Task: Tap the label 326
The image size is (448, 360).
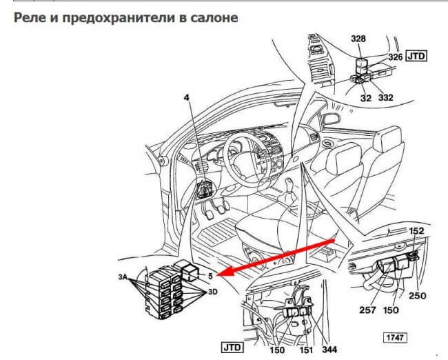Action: pos(395,57)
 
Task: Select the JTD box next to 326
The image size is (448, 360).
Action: pos(417,56)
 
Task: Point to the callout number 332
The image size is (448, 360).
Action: pos(385,98)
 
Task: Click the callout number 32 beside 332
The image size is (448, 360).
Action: pos(365,98)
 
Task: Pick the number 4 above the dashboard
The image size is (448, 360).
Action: pos(185,99)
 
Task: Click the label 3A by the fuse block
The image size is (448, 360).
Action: pos(124,277)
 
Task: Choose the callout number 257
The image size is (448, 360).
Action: pos(367,310)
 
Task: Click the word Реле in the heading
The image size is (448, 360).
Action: pos(30,17)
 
